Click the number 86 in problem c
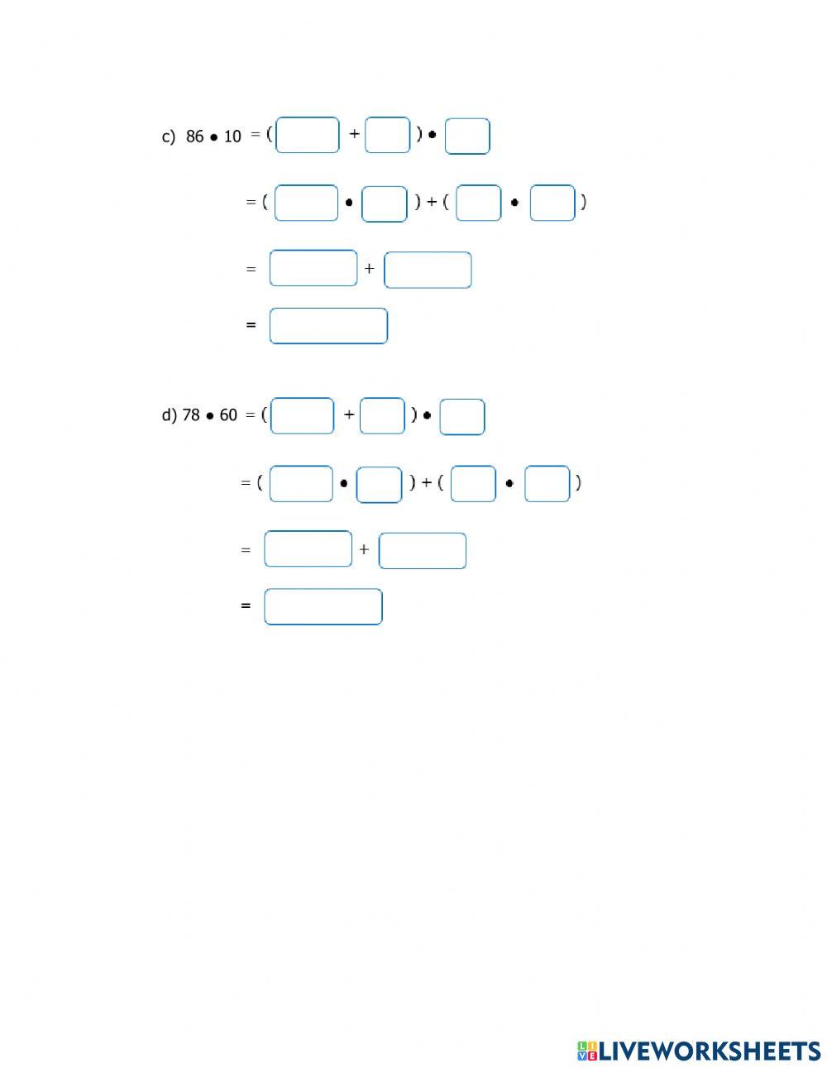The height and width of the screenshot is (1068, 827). (194, 136)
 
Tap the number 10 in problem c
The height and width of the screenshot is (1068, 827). (232, 136)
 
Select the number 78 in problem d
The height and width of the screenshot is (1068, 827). (191, 415)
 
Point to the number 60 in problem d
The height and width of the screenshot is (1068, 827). (228, 415)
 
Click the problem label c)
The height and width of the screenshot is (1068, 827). (168, 136)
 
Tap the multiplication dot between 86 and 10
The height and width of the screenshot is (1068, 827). (213, 137)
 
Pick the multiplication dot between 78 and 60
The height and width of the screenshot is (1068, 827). (210, 417)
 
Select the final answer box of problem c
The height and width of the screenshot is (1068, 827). (328, 326)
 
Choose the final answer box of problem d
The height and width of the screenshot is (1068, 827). (323, 606)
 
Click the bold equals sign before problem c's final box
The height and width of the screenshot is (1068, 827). (251, 325)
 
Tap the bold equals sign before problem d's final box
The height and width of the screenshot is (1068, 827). (246, 606)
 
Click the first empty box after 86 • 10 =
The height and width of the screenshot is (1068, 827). (308, 135)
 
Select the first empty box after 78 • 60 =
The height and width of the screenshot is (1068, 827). (302, 416)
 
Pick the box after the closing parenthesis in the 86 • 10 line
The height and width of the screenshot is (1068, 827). (467, 136)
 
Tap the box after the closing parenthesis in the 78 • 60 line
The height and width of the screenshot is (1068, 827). (462, 417)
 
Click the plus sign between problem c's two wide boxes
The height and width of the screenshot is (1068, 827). (370, 268)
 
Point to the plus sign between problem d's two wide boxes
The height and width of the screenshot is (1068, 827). (364, 549)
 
